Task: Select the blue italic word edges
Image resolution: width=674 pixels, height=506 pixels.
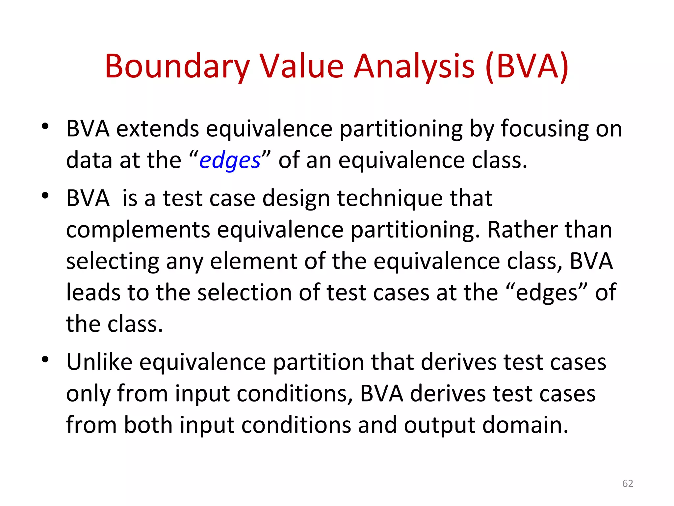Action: pyautogui.click(x=230, y=161)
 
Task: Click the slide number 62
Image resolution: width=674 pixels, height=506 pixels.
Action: pyautogui.click(x=628, y=483)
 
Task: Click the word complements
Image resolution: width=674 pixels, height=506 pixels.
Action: pyautogui.click(x=138, y=230)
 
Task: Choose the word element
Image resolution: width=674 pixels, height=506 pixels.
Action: pyautogui.click(x=253, y=261)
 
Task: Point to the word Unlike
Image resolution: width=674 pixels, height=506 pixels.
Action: pyautogui.click(x=99, y=362)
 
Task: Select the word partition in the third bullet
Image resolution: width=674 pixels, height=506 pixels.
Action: pyautogui.click(x=319, y=362)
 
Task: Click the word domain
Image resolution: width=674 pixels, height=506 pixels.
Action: pyautogui.click(x=525, y=425)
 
